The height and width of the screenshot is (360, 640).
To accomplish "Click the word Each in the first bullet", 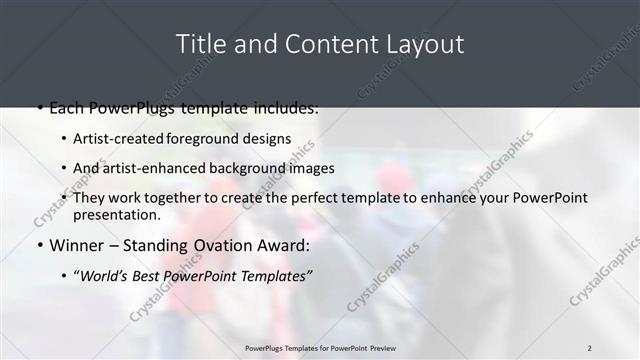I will pos(67,107).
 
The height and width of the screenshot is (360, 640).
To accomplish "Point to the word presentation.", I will pos(116,214).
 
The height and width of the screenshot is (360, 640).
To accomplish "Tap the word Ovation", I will pos(219,245).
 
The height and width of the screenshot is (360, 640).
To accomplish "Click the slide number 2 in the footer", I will pos(590,348).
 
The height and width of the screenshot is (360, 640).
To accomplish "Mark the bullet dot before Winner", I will pos(39,246).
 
